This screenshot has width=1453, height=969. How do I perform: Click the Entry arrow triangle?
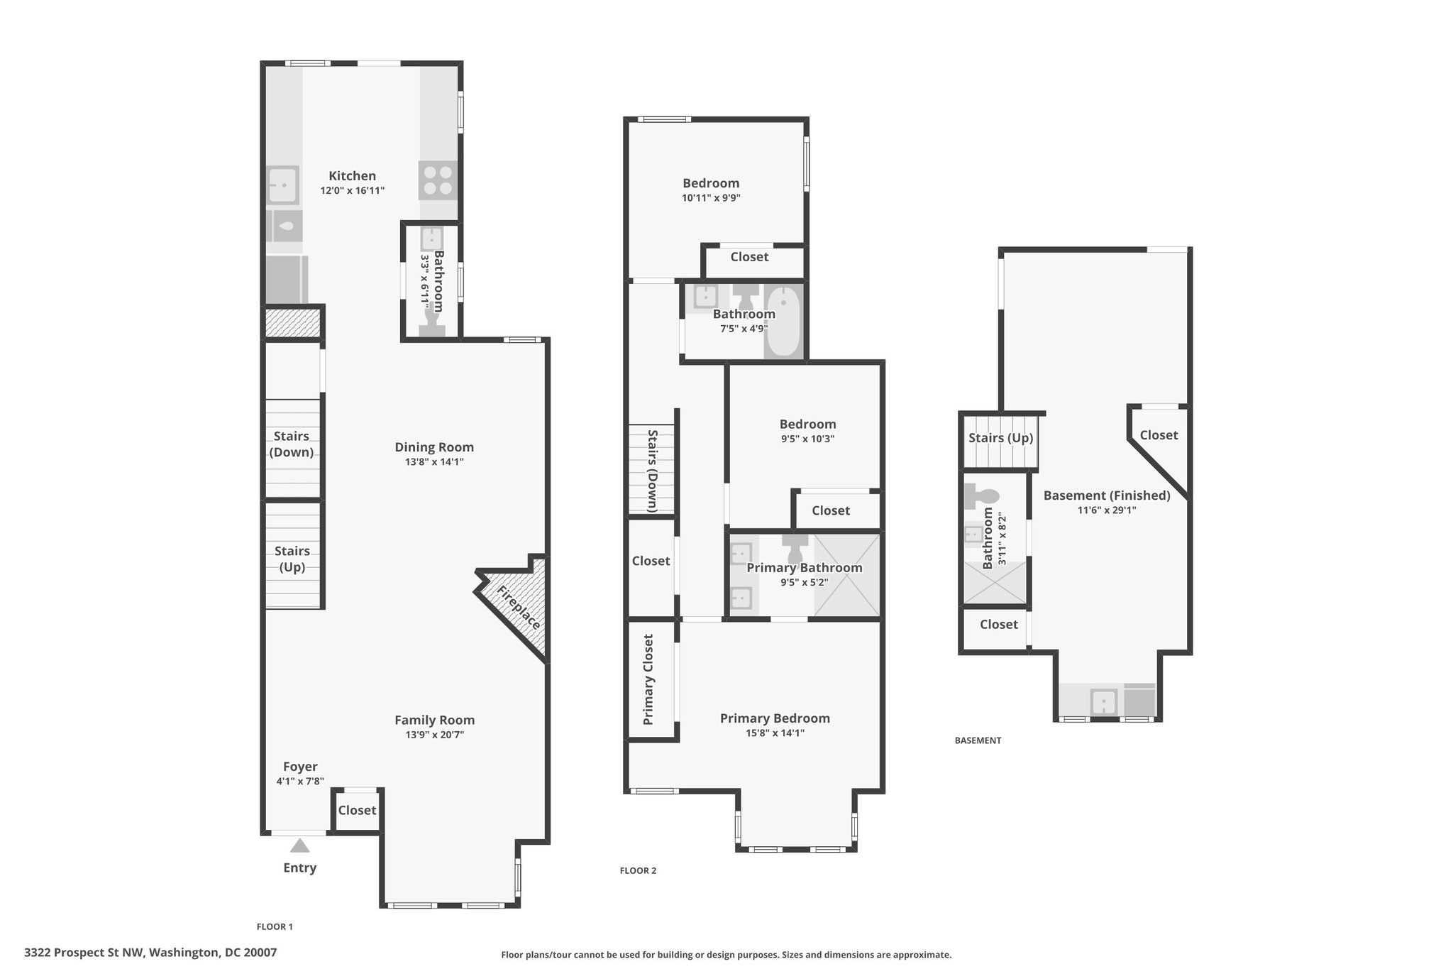click(300, 845)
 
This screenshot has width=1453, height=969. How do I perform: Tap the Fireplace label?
click(519, 608)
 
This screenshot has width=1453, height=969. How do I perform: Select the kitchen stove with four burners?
click(438, 180)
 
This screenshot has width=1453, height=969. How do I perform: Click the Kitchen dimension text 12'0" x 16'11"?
click(353, 190)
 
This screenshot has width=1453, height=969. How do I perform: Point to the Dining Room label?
click(434, 447)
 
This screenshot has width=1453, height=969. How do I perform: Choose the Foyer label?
click(300, 767)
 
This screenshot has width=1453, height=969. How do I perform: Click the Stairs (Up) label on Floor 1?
click(292, 559)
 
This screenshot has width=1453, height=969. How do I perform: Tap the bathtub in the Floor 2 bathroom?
click(783, 322)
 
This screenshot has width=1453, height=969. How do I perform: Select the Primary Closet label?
click(648, 679)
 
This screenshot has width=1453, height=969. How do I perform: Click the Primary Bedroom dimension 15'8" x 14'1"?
click(775, 733)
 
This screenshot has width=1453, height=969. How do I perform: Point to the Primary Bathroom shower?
click(846, 575)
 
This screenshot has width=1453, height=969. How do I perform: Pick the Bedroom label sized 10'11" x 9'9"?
click(711, 183)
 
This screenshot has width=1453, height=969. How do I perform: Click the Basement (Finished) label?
click(1107, 496)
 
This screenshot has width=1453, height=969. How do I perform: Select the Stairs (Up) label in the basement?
click(1000, 438)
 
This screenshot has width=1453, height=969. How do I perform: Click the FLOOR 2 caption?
click(638, 870)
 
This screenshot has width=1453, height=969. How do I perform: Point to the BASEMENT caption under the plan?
click(978, 740)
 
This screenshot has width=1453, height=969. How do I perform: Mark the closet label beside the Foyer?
click(357, 810)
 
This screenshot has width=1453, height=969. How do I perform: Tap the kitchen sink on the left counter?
click(282, 185)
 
